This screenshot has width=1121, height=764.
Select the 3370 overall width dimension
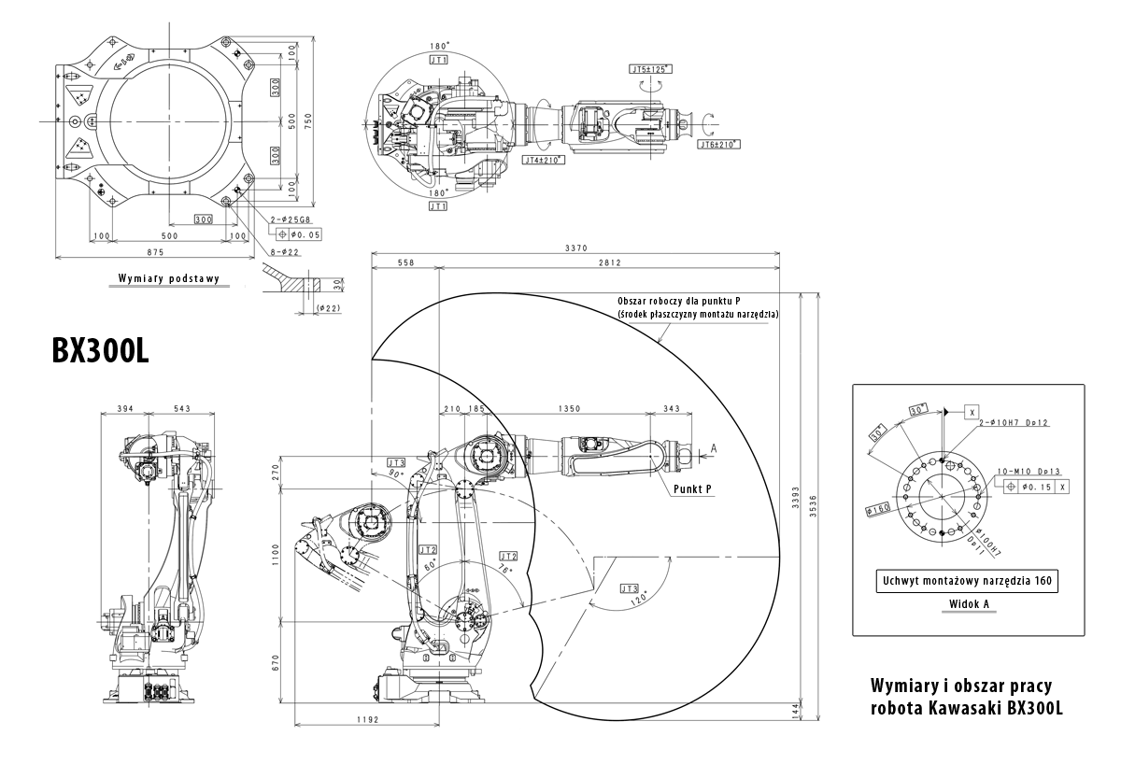(576, 248)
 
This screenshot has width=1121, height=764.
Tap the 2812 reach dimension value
(608, 263)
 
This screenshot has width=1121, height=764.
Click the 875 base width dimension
(155, 252)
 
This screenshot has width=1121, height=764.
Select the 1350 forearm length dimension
(569, 408)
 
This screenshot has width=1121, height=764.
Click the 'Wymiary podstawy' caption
(168, 278)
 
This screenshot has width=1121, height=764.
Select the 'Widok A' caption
(969, 604)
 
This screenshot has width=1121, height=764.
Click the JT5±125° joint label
(650, 69)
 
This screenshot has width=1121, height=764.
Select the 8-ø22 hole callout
(285, 251)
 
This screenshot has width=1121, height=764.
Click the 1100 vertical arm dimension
(275, 558)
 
